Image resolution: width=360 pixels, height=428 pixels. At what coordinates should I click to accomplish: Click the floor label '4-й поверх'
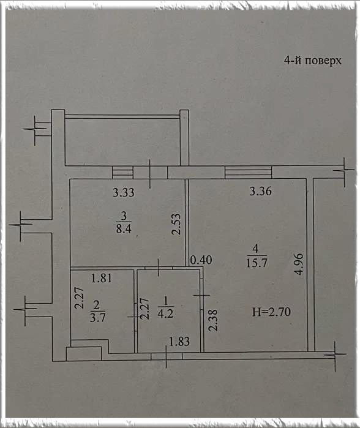(x=312, y=61)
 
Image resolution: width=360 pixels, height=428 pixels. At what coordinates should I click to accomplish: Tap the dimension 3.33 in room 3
(x=124, y=192)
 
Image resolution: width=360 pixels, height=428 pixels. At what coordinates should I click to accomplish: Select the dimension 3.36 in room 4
(x=260, y=191)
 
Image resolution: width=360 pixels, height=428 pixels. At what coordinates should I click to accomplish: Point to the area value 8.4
(x=124, y=228)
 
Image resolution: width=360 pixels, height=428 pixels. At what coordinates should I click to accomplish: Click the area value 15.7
(x=257, y=263)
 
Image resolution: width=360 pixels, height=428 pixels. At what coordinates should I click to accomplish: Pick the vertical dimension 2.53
(x=176, y=224)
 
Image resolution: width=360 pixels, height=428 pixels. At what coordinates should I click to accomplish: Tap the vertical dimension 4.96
(x=299, y=265)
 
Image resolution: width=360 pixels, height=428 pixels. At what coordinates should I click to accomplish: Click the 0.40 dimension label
(x=201, y=260)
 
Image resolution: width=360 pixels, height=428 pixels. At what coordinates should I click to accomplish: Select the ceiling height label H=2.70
(x=271, y=312)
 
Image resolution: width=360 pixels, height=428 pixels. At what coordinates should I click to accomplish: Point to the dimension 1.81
(x=102, y=278)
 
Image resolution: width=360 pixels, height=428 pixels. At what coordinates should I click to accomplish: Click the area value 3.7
(x=97, y=318)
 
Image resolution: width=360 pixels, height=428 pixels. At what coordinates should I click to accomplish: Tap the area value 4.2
(x=165, y=313)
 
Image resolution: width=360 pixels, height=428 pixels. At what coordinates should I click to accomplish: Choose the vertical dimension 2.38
(x=213, y=320)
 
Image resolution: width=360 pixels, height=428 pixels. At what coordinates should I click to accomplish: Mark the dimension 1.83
(x=179, y=342)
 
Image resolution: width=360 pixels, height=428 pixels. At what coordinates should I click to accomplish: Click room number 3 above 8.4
(x=124, y=216)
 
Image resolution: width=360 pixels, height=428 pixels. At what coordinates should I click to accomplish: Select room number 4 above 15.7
(x=256, y=249)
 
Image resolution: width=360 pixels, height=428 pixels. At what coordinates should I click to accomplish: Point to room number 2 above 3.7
(x=96, y=305)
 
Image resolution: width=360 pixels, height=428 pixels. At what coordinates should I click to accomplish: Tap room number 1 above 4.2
(x=166, y=301)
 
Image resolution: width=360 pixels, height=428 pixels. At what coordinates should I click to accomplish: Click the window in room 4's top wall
(x=248, y=173)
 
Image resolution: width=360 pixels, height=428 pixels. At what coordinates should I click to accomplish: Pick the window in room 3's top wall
(x=123, y=173)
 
